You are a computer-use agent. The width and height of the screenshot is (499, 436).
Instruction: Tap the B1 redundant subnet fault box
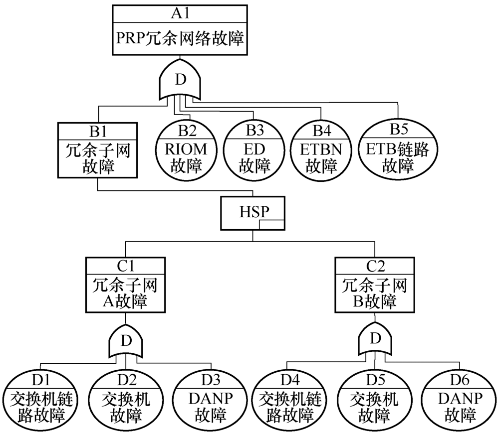click(97, 148)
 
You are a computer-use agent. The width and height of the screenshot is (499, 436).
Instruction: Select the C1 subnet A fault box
click(125, 286)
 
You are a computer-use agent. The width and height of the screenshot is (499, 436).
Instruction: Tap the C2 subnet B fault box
click(374, 286)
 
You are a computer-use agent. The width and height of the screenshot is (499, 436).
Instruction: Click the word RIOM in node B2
click(186, 148)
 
